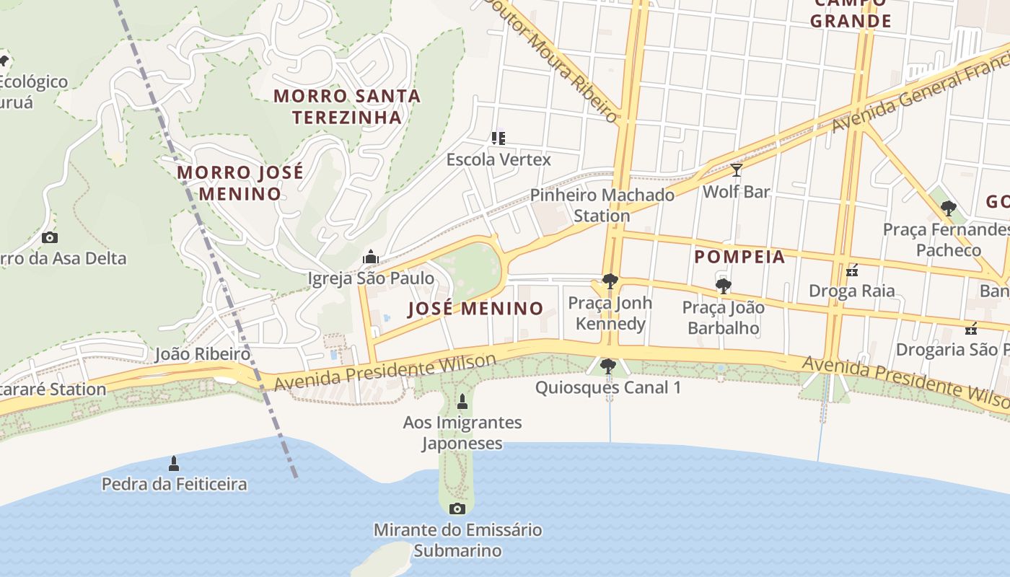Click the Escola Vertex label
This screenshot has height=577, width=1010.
(499, 159)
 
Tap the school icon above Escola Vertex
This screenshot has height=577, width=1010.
(498, 138)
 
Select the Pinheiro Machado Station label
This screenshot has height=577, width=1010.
(602, 205)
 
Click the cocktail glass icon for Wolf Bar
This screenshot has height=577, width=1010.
(736, 170)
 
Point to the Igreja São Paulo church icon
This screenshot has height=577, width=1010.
(371, 257)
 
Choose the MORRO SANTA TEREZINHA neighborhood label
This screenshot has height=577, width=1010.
(347, 106)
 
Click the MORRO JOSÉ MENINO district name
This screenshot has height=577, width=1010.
(240, 183)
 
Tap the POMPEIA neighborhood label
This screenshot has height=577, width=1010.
(739, 257)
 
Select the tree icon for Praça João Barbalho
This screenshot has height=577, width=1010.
(723, 286)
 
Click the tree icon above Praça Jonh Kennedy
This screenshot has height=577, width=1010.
(610, 281)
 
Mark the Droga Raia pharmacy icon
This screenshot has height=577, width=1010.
(851, 270)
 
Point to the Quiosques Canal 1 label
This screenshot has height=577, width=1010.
(608, 387)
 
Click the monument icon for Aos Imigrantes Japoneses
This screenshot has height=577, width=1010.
(462, 402)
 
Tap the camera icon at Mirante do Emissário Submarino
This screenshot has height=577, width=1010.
(457, 509)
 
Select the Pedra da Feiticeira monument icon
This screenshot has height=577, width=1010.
(173, 463)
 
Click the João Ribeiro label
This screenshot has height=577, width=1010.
(203, 354)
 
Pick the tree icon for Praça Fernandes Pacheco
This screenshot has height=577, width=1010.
(948, 208)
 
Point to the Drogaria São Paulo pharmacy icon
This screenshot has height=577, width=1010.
(971, 329)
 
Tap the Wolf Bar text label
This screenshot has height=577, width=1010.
(736, 192)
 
